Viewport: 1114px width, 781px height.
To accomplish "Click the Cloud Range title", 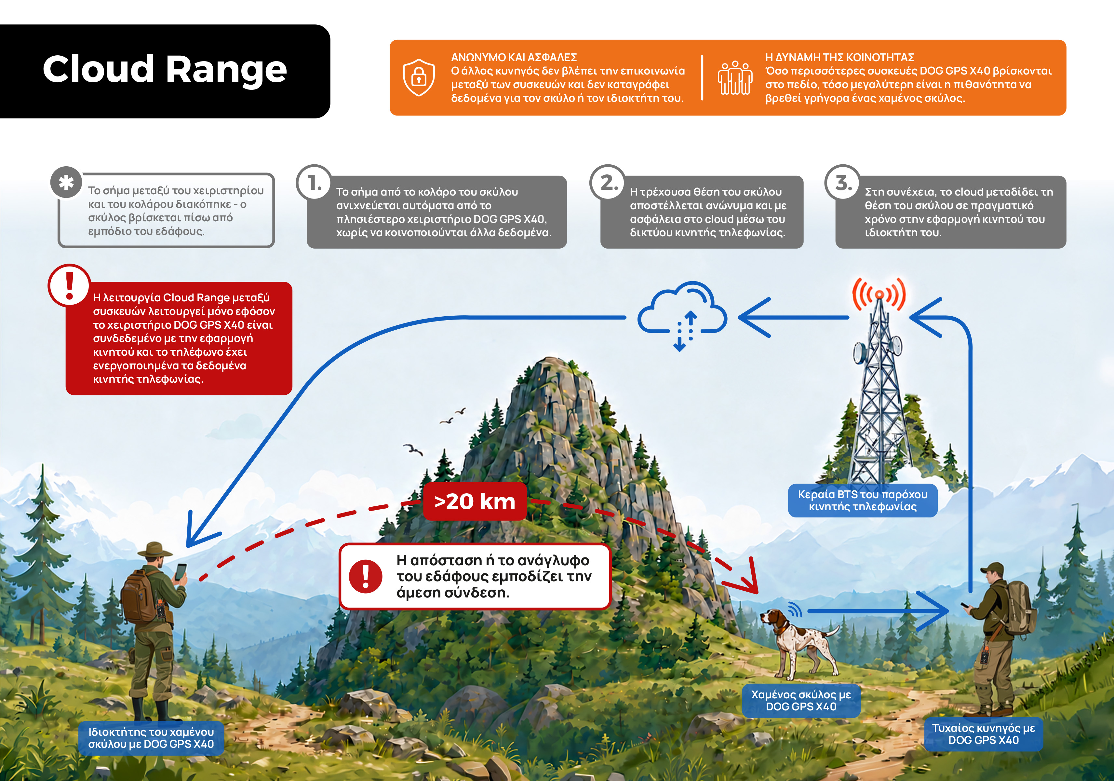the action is [165, 69].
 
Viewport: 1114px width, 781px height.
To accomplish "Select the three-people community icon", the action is [735, 78].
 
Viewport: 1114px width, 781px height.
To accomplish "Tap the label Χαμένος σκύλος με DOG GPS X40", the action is [801, 700].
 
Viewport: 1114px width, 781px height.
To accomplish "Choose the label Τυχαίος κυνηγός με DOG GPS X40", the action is [984, 734].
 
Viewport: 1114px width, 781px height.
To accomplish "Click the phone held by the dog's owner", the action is [181, 572].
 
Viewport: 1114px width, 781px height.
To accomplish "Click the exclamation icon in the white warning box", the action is [365, 576].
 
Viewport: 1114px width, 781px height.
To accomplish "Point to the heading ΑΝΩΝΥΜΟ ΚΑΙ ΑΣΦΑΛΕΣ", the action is [514, 57].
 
